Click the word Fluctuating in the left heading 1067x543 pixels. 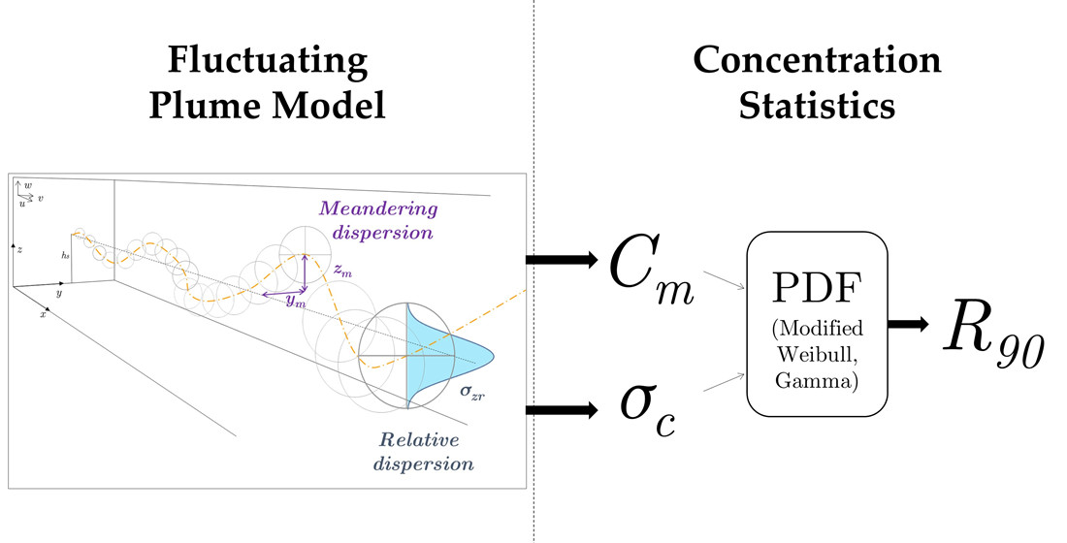coord(267,62)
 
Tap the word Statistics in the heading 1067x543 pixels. coord(817,104)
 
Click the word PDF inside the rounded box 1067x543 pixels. coord(817,289)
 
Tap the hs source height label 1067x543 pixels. coord(65,253)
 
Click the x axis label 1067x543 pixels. coord(42,315)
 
